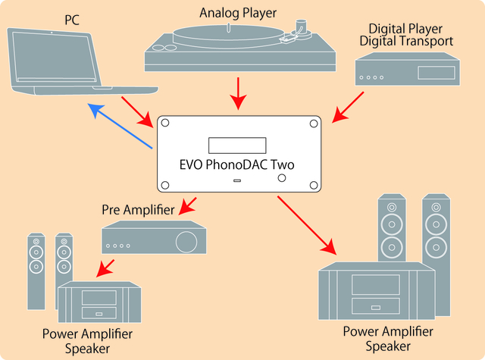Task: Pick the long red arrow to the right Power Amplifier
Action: click(x=306, y=224)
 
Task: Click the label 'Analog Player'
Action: click(x=237, y=12)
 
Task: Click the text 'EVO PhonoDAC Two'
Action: click(x=237, y=163)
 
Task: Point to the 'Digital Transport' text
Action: click(x=406, y=40)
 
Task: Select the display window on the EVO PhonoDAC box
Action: click(x=237, y=145)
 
